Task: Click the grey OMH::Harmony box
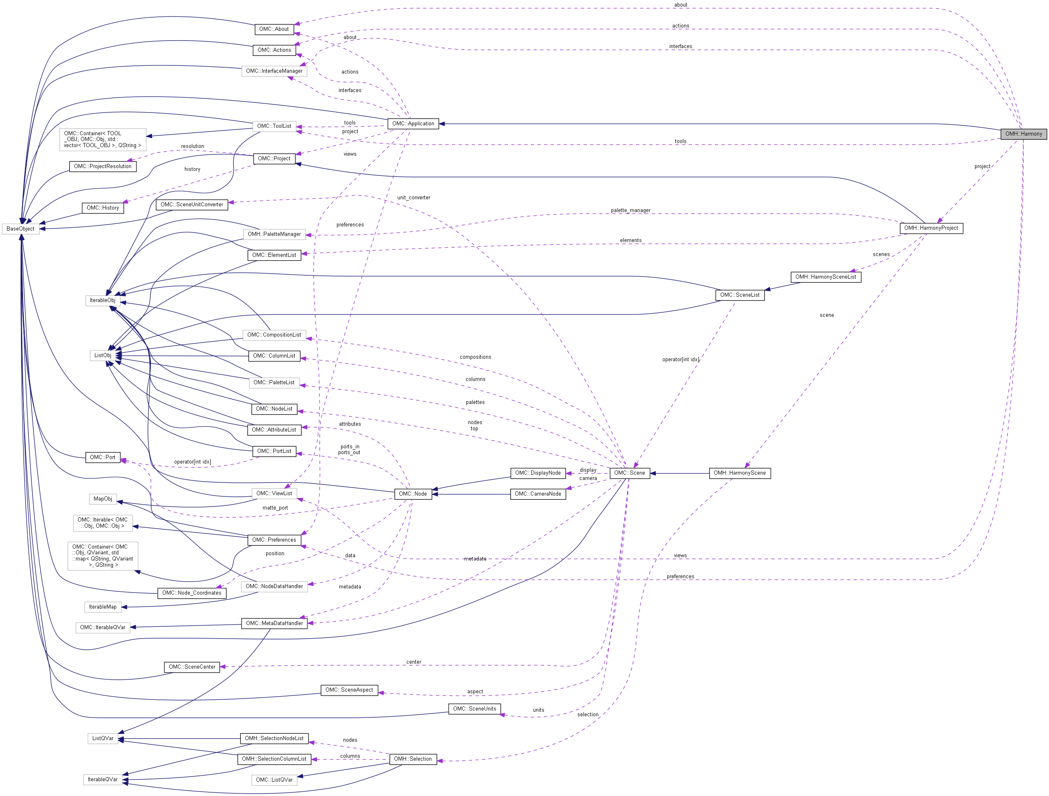1023,134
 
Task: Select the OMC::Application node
413,123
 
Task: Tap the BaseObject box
21,228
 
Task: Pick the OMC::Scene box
629,473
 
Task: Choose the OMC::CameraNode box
538,494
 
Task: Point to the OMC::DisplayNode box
538,473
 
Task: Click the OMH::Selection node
413,759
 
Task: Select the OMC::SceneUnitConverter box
191,205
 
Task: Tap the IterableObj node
102,300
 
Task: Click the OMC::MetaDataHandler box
274,623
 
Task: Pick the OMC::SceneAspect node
349,690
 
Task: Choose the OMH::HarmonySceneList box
825,277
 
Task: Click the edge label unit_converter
413,198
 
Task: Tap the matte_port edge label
275,508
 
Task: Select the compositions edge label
475,357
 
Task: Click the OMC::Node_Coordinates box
191,593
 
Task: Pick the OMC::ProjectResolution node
102,166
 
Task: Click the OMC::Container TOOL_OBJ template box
102,139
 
